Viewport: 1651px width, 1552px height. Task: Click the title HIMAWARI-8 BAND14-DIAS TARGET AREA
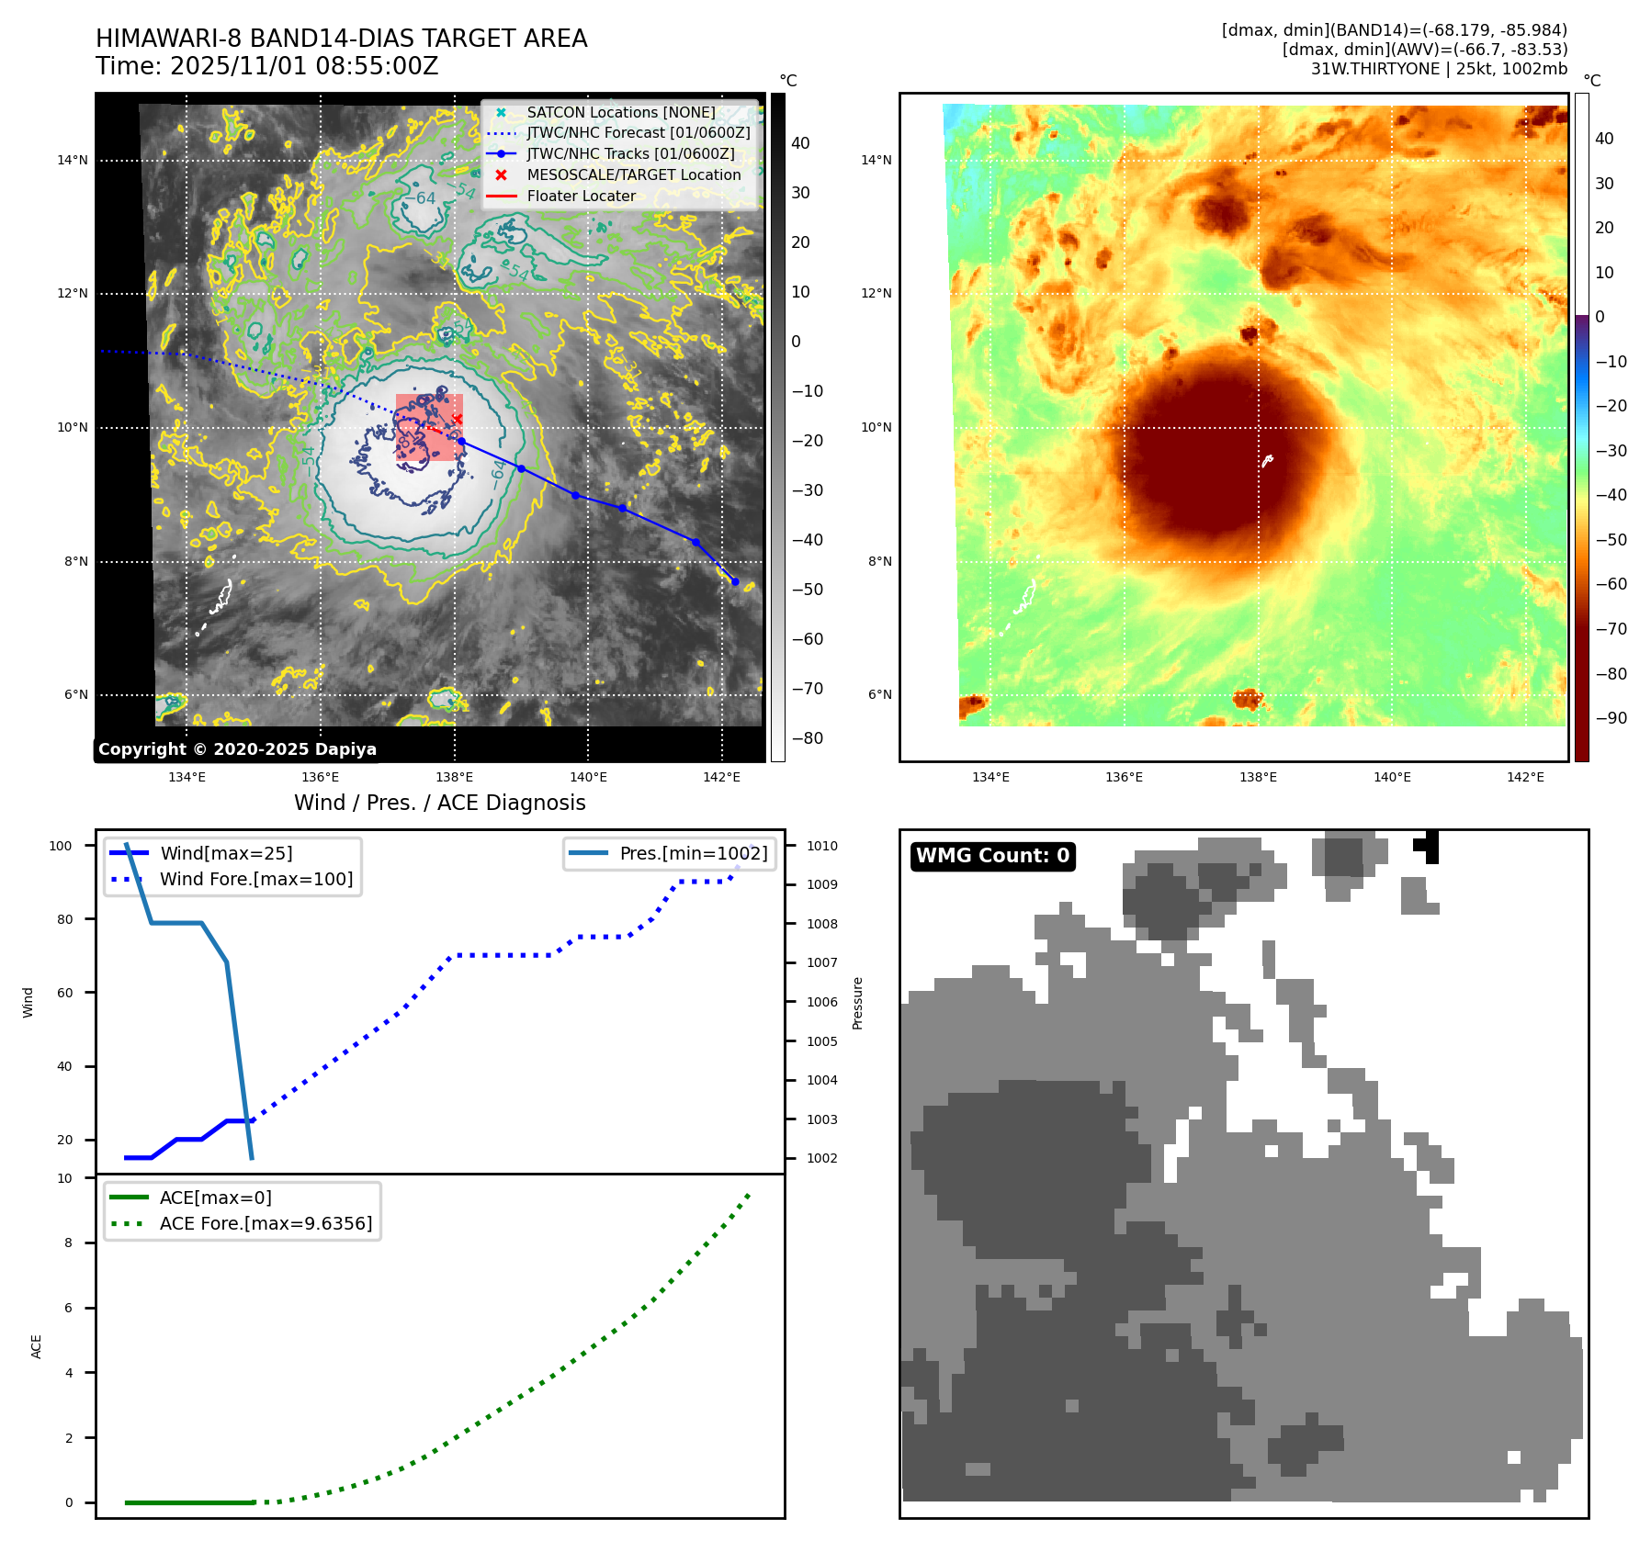click(341, 39)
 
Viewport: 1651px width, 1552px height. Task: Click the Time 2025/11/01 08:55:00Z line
click(266, 66)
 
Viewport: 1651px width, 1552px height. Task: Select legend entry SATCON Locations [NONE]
click(620, 112)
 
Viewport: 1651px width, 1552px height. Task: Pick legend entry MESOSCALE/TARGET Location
click(633, 174)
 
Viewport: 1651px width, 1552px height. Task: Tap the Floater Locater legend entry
click(581, 196)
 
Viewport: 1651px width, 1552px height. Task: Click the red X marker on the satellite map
click(457, 419)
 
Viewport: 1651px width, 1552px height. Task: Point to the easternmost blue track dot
click(734, 581)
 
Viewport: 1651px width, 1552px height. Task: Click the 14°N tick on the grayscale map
click(73, 161)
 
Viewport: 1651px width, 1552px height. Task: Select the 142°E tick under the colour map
click(1525, 777)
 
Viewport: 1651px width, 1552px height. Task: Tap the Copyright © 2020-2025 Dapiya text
click(237, 749)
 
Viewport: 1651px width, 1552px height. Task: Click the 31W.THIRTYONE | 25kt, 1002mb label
click(1439, 69)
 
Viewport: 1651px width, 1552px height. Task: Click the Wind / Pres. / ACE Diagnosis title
click(439, 803)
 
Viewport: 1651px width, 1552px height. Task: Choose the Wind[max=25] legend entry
click(226, 853)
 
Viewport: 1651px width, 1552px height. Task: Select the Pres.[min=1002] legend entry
click(693, 853)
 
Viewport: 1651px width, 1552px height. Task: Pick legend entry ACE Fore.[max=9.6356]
click(266, 1223)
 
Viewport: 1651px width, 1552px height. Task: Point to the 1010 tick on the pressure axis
click(821, 846)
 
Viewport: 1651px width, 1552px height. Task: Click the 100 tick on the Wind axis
click(61, 846)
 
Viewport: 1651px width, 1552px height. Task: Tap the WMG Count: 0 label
click(992, 856)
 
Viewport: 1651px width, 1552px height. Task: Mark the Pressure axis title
click(857, 1003)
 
